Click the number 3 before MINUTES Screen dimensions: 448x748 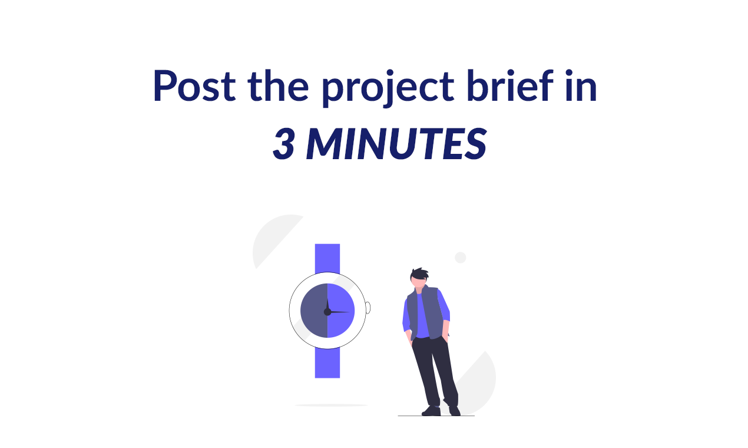pos(284,144)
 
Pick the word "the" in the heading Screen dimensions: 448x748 pos(278,86)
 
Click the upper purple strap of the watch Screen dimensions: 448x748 pos(327,258)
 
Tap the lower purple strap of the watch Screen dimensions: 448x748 pos(327,363)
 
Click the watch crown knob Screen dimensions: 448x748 pos(368,308)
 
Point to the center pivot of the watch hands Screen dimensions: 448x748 pos(327,311)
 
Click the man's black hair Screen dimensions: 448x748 pos(420,274)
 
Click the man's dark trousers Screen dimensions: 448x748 pos(435,371)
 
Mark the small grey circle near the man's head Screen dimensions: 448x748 pos(461,258)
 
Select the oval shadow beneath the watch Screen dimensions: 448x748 pos(331,406)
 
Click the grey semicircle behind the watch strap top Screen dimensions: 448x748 pos(274,239)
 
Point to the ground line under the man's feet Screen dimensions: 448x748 pos(436,416)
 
